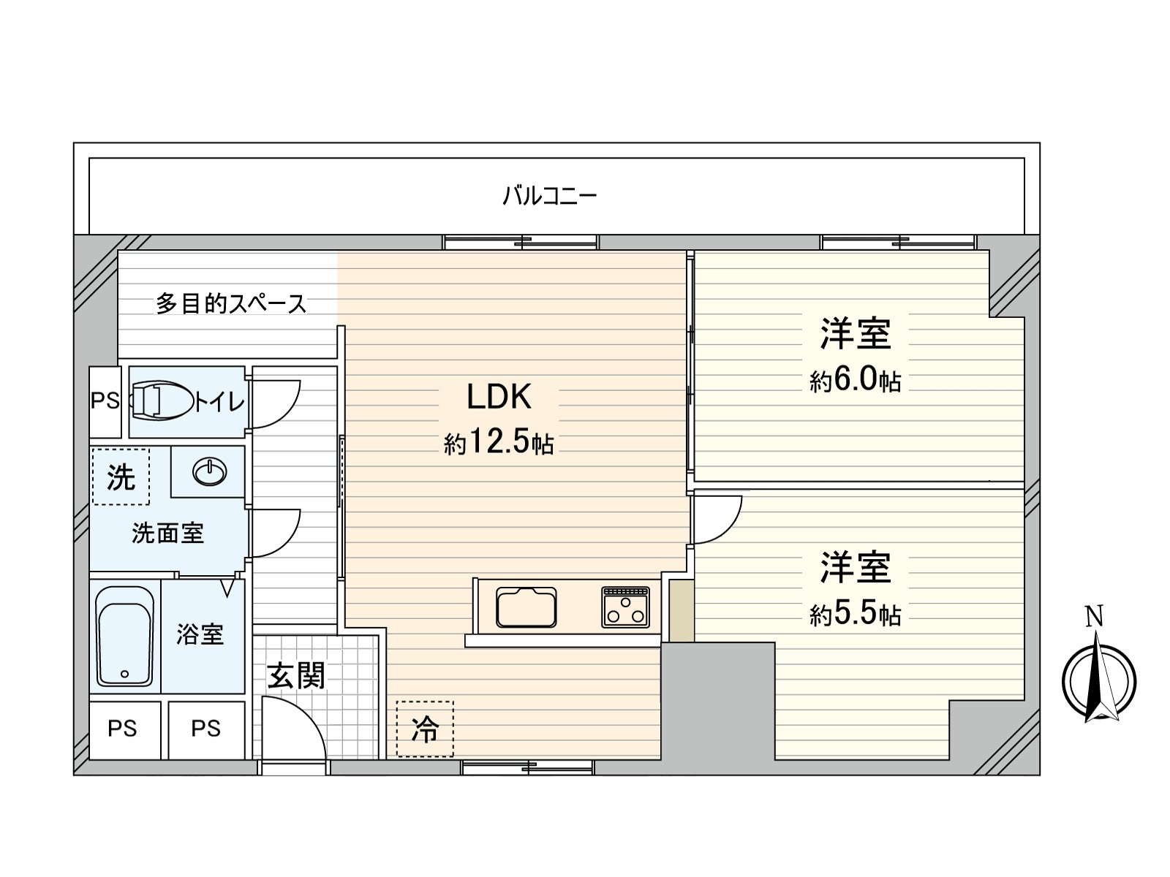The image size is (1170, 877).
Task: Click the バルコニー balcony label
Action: click(550, 196)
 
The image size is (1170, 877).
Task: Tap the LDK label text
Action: click(499, 397)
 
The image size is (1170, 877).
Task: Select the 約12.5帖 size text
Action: click(499, 443)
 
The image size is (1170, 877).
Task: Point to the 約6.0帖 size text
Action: click(855, 381)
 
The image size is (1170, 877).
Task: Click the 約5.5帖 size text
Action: click(855, 615)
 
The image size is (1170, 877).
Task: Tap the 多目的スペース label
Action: click(231, 303)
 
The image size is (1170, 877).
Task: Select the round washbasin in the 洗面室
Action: click(209, 472)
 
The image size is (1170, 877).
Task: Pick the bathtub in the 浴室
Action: click(124, 636)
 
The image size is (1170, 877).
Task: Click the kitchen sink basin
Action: click(526, 607)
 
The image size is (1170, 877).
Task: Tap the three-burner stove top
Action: click(625, 607)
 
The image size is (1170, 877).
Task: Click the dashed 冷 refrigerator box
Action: click(425, 729)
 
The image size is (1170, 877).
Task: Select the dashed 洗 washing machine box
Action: click(121, 477)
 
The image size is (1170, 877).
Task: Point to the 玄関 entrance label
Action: click(295, 675)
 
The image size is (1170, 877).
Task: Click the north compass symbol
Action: click(1098, 681)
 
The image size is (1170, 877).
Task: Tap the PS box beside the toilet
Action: click(105, 401)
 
